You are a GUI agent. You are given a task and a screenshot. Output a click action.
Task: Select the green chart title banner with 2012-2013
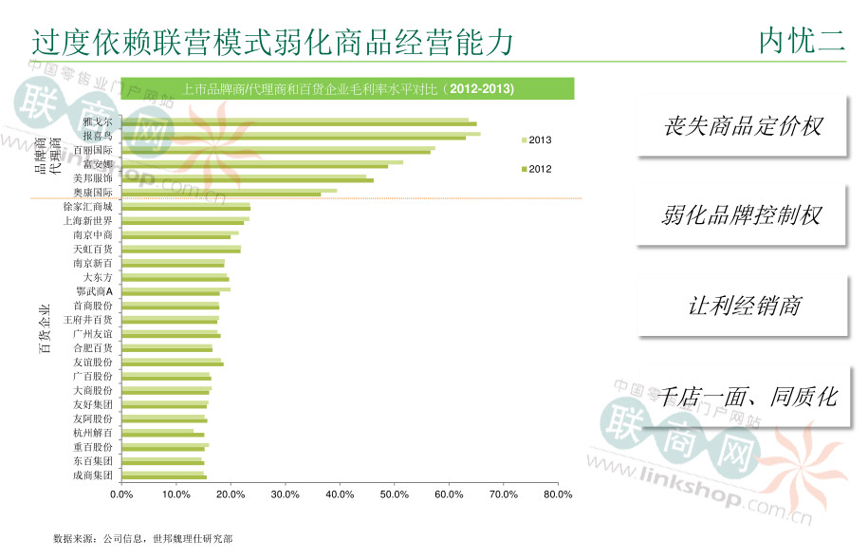(x=348, y=89)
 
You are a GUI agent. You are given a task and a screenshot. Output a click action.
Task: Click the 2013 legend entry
(x=538, y=140)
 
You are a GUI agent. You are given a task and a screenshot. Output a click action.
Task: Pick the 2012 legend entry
(x=538, y=169)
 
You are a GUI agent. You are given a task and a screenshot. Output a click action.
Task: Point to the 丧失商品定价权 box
(x=742, y=126)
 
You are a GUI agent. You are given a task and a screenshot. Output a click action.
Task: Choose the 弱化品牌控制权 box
(x=742, y=215)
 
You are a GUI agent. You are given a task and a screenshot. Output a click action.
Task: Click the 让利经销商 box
(x=742, y=306)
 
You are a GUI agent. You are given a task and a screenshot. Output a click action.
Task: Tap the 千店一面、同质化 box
(x=749, y=396)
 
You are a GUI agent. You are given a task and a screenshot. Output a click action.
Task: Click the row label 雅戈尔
(x=97, y=122)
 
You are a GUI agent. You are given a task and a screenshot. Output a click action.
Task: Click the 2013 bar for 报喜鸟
(x=301, y=134)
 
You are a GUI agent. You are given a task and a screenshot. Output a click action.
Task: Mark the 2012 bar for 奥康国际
(x=221, y=195)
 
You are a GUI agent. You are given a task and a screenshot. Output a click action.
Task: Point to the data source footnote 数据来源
(x=142, y=539)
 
